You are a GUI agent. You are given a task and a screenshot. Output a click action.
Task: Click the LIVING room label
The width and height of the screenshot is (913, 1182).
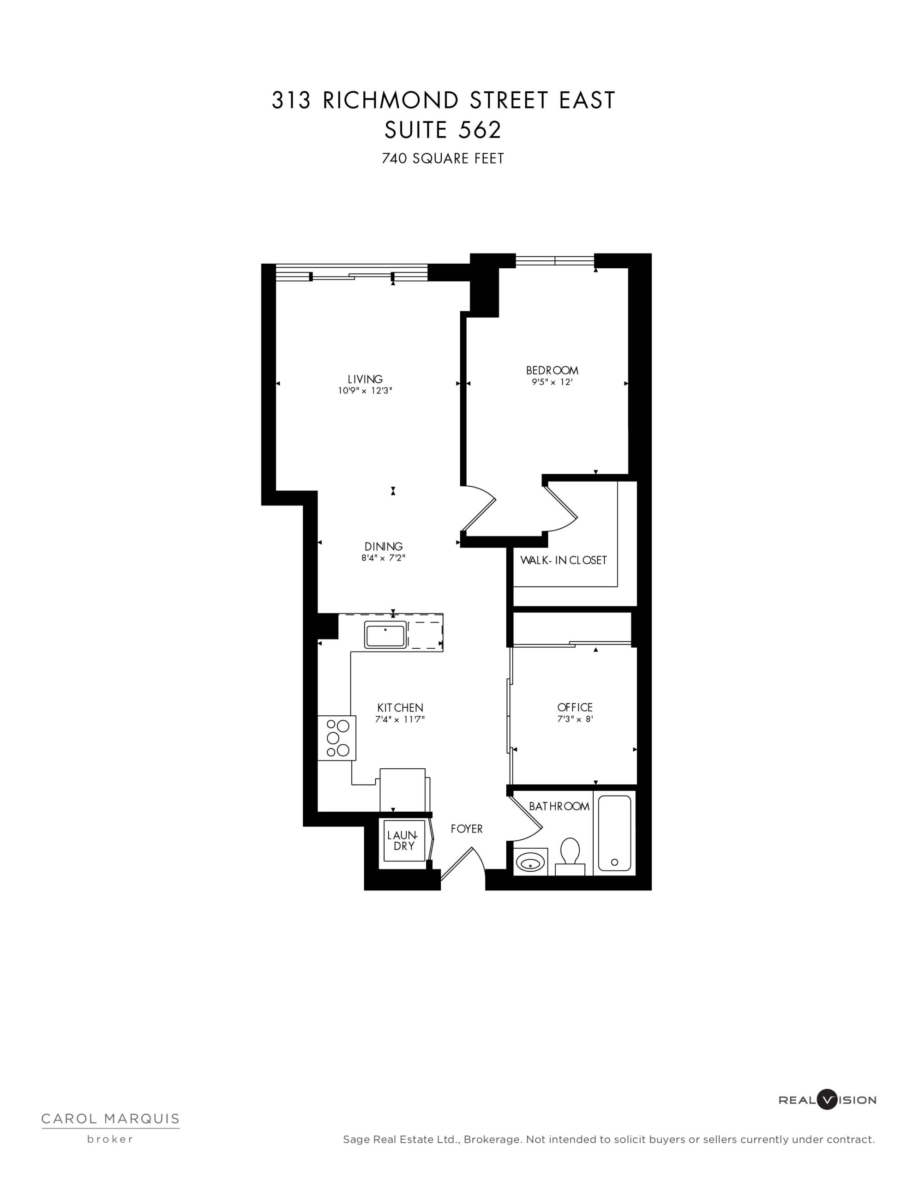(x=365, y=380)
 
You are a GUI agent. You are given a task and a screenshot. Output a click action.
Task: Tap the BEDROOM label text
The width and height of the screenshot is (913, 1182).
(x=552, y=371)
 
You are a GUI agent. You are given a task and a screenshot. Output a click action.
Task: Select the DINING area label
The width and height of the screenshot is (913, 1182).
(x=383, y=547)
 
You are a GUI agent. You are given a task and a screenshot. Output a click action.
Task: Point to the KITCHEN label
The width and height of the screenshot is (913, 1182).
(x=400, y=708)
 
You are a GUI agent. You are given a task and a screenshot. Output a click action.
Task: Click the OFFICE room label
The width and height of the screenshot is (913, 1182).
(x=575, y=707)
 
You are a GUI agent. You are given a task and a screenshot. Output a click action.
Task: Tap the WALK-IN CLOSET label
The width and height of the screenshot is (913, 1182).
(x=564, y=560)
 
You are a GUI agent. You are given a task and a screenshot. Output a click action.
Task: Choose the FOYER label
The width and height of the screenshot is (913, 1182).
(x=467, y=829)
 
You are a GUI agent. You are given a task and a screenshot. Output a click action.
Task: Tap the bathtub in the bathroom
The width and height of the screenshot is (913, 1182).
(x=614, y=833)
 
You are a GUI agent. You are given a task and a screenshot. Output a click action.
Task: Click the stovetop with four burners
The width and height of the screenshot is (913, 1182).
(x=336, y=738)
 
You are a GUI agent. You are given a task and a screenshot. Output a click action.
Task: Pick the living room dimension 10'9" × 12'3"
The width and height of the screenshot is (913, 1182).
(x=365, y=391)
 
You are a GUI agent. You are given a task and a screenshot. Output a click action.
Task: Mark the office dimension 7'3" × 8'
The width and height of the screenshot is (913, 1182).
(x=575, y=719)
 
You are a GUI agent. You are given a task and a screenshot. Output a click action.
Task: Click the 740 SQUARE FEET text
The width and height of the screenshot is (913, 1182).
(x=443, y=158)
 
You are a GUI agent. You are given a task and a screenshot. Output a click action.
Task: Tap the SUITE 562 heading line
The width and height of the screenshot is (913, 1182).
(x=443, y=130)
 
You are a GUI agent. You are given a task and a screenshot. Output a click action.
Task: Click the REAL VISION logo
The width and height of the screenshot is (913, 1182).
(x=827, y=1110)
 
